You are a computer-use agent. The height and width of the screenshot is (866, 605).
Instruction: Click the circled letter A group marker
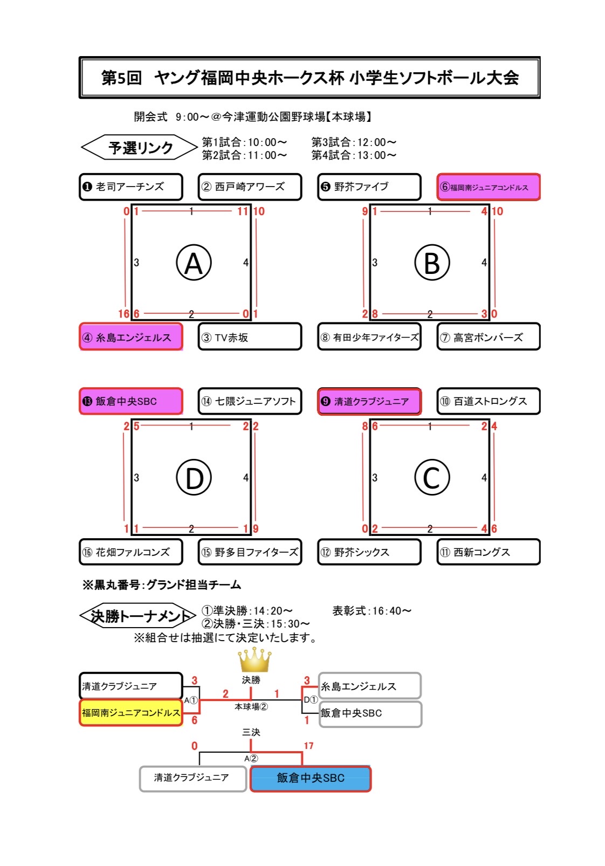[194, 263]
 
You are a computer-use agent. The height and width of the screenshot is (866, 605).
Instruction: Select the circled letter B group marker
[432, 263]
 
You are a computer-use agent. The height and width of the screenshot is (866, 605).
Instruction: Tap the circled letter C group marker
[432, 478]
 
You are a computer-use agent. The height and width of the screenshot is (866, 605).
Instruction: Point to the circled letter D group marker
[194, 478]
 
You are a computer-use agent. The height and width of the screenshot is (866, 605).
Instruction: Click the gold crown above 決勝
[254, 660]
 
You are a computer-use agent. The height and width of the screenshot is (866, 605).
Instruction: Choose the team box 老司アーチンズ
[131, 187]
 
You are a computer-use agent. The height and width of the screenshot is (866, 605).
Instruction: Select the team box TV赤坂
[250, 337]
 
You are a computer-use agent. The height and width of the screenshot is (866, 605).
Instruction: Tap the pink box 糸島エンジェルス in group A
[131, 337]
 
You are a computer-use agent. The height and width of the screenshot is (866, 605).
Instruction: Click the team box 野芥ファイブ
[369, 187]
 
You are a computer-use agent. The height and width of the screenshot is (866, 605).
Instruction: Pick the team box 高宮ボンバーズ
[489, 337]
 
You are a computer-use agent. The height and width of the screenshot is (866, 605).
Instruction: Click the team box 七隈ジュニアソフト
[250, 401]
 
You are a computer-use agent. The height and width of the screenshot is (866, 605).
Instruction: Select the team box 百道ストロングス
[489, 401]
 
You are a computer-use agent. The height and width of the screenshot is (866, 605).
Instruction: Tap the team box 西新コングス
[489, 552]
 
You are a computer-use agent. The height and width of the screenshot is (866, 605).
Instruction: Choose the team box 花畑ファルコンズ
[131, 552]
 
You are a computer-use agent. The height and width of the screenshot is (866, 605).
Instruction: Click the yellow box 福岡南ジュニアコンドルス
[131, 713]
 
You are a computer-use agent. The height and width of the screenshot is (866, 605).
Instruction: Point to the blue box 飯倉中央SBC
[311, 778]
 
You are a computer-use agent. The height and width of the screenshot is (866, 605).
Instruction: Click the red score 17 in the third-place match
[308, 746]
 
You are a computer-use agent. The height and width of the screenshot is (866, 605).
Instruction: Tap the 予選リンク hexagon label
[140, 148]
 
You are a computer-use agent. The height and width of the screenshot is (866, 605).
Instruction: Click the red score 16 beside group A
[124, 314]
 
